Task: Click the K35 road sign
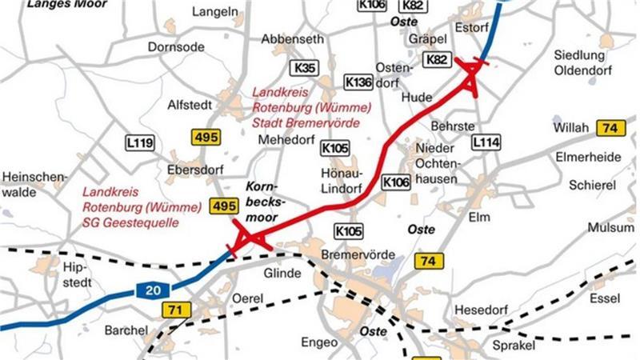[305, 67]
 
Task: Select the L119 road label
[139, 143]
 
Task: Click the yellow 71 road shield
[174, 310]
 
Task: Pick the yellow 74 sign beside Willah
[611, 128]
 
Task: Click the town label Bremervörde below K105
[358, 254]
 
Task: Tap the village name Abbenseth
[293, 39]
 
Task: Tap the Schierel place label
[592, 185]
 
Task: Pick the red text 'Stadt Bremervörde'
[306, 124]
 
